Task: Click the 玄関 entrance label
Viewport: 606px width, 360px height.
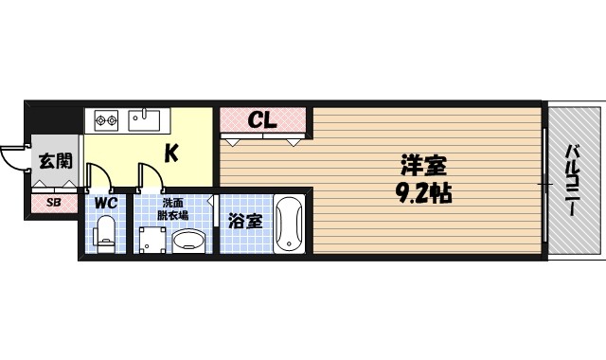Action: pyautogui.click(x=54, y=161)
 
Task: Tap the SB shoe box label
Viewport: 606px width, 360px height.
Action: pyautogui.click(x=53, y=202)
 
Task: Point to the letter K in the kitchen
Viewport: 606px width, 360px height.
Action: pyautogui.click(x=173, y=152)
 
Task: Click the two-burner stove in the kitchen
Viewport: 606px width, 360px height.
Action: pyautogui.click(x=104, y=120)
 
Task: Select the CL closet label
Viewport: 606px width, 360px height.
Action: pyautogui.click(x=262, y=120)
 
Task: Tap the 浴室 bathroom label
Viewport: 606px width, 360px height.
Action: pyautogui.click(x=246, y=222)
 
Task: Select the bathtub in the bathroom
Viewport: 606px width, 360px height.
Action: pyautogui.click(x=288, y=225)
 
